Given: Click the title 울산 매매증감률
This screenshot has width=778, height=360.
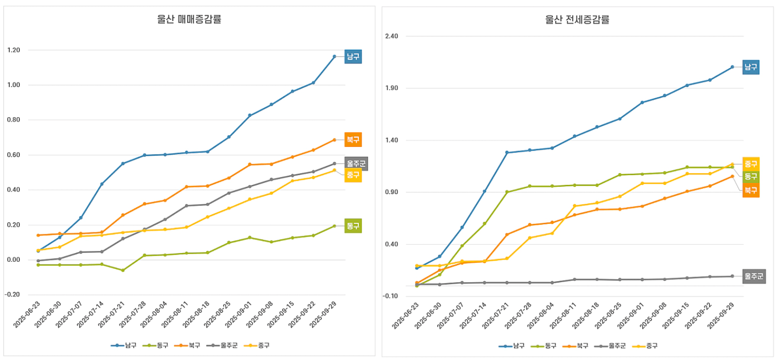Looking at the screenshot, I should pos(189,20).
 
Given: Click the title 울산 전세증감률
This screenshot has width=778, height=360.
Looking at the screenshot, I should pos(577,20).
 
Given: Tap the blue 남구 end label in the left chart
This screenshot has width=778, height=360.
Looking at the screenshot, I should pos(353,56).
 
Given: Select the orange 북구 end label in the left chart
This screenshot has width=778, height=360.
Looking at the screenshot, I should pos(353,139).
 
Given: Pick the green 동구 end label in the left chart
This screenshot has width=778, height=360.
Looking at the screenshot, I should pos(353,225).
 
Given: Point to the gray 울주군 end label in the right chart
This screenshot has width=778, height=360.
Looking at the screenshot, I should pos(754,277).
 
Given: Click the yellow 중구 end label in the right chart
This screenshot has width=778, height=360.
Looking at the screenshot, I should pos(751,164).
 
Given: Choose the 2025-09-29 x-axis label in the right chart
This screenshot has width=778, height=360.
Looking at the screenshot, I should pos(722,315).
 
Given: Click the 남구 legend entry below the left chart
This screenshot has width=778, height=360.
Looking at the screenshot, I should pos(124,345).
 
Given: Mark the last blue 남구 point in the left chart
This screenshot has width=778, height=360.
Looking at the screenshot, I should pos(334,56).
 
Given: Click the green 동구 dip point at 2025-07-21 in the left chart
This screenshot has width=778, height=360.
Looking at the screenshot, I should pos(123,270).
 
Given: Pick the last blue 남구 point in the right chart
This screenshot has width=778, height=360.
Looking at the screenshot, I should pos(732,67).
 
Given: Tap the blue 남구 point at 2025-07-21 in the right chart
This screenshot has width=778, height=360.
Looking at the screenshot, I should pos(507,153).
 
